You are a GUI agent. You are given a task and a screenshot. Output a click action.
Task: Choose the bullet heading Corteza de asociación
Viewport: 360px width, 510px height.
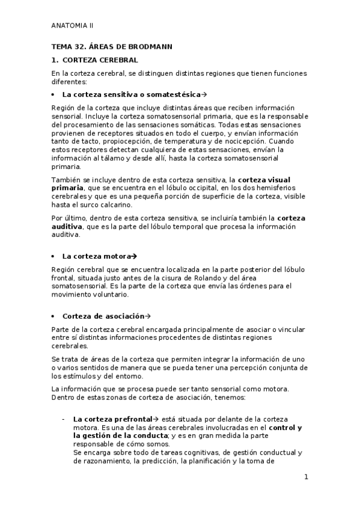103,316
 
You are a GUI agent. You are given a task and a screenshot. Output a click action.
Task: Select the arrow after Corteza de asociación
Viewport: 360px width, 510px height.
148,316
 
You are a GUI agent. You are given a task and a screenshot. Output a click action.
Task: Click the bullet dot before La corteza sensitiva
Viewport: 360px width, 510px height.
54,95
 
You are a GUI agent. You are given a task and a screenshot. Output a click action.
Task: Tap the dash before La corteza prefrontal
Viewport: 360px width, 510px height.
63,418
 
